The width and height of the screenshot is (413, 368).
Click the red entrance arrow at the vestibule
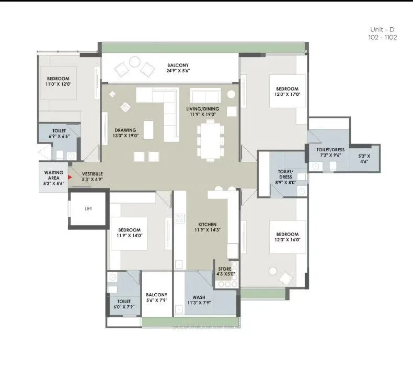[x=70, y=177]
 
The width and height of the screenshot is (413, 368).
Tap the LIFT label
[x=88, y=208]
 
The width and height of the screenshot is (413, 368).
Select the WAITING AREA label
[x=53, y=174]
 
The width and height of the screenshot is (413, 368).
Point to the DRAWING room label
[x=125, y=130]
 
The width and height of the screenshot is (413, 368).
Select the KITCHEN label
[x=208, y=225]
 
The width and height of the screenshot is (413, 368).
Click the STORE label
[x=225, y=269]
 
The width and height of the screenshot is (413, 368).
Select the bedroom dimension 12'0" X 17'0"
[x=288, y=95]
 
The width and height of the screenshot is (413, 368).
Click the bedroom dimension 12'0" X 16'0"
[x=288, y=240]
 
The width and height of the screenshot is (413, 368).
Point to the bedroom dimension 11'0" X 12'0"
[x=58, y=85]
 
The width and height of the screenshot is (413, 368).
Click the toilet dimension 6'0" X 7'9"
[x=124, y=307]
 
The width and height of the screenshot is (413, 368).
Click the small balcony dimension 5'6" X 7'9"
[x=156, y=300]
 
